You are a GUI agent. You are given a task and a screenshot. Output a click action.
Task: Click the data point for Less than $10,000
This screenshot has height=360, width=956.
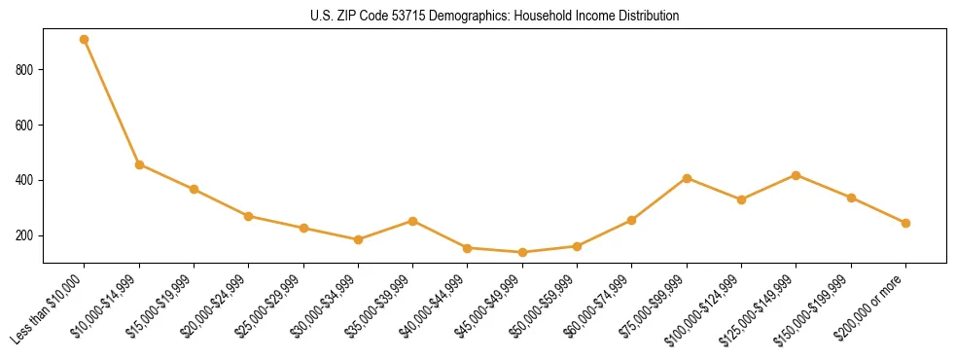tap(85, 40)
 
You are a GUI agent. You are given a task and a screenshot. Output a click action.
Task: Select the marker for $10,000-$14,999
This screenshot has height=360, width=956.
tap(139, 164)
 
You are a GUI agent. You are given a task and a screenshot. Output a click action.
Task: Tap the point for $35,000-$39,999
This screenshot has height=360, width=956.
tap(413, 221)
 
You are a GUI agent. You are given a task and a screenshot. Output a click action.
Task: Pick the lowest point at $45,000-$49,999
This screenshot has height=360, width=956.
tap(522, 252)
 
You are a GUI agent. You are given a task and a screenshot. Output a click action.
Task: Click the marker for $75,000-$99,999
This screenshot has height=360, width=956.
tap(687, 178)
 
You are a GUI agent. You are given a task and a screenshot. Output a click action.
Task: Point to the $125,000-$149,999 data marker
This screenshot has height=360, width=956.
tap(797, 175)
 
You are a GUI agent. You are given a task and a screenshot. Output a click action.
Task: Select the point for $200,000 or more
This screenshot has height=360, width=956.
tap(905, 223)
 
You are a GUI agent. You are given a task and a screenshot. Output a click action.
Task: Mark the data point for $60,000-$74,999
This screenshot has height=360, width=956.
tap(632, 220)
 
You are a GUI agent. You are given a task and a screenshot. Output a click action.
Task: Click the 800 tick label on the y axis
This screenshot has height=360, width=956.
tap(26, 70)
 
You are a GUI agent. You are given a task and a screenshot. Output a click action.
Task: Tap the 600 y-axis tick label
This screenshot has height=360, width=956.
tap(26, 126)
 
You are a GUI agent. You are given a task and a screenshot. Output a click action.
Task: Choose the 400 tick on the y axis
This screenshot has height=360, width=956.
tap(26, 181)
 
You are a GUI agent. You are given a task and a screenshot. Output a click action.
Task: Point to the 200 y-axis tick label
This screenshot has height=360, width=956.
tap(26, 236)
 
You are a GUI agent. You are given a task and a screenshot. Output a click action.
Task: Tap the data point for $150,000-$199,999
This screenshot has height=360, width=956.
tap(851, 198)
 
